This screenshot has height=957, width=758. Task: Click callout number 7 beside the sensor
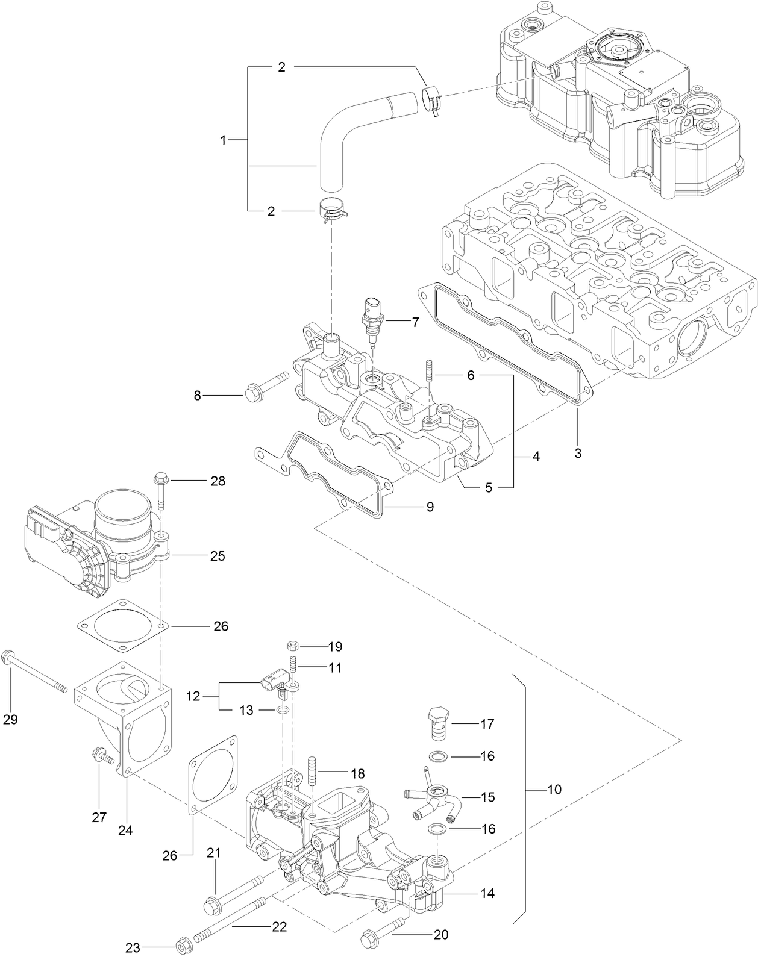(415, 322)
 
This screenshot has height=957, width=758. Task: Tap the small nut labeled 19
(292, 646)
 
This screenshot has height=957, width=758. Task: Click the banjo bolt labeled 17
(437, 722)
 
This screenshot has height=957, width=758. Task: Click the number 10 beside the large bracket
(554, 789)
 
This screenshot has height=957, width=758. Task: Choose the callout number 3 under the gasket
(578, 453)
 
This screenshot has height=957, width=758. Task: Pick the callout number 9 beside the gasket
(430, 507)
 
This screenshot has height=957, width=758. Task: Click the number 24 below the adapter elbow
(125, 830)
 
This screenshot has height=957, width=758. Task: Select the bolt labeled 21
(237, 893)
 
